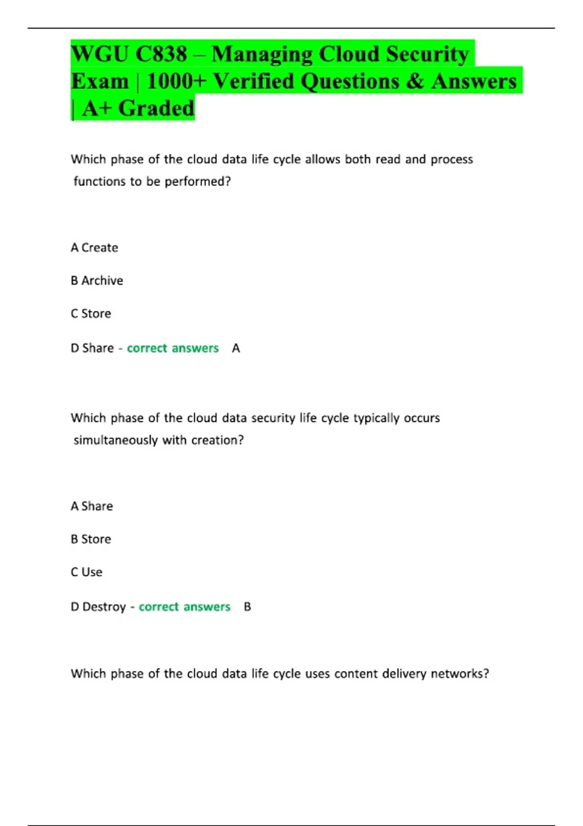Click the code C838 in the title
pos(161,54)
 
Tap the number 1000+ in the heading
pos(176,81)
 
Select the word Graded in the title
pos(156,108)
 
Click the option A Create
pos(94,248)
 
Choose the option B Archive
pos(97,281)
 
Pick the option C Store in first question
pos(91,314)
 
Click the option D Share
pos(92,348)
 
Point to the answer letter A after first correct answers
pos(236,348)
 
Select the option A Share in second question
pos(92,506)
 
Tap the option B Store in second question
pos(91,539)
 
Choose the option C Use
pos(86,572)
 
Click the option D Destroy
pos(98,607)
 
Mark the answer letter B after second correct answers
pos(247,607)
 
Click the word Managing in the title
pos(262,54)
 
